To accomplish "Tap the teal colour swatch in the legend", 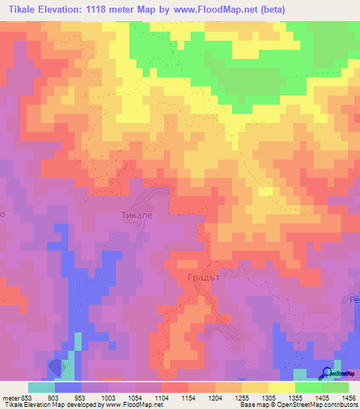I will click(41, 387).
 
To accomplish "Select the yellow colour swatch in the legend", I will click(281, 387).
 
